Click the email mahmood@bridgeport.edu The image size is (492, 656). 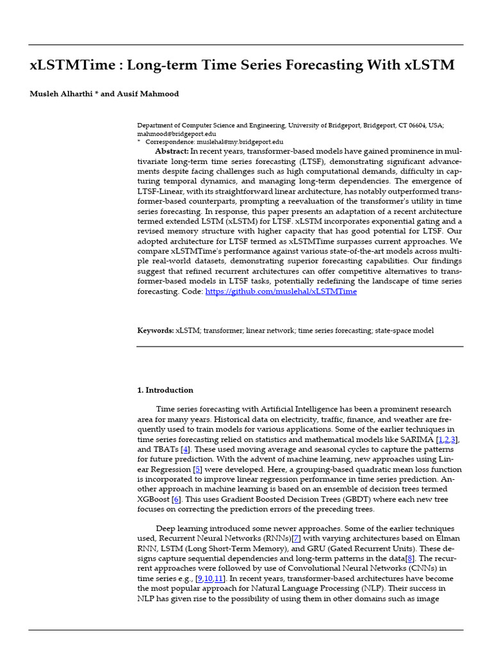176,134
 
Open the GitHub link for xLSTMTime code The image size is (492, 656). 281,291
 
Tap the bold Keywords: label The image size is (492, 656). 156,331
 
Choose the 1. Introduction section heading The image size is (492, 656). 165,390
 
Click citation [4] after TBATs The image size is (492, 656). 186,450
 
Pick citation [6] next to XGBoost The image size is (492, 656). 176,499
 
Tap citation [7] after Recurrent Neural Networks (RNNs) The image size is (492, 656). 296,539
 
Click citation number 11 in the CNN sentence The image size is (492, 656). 219,578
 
